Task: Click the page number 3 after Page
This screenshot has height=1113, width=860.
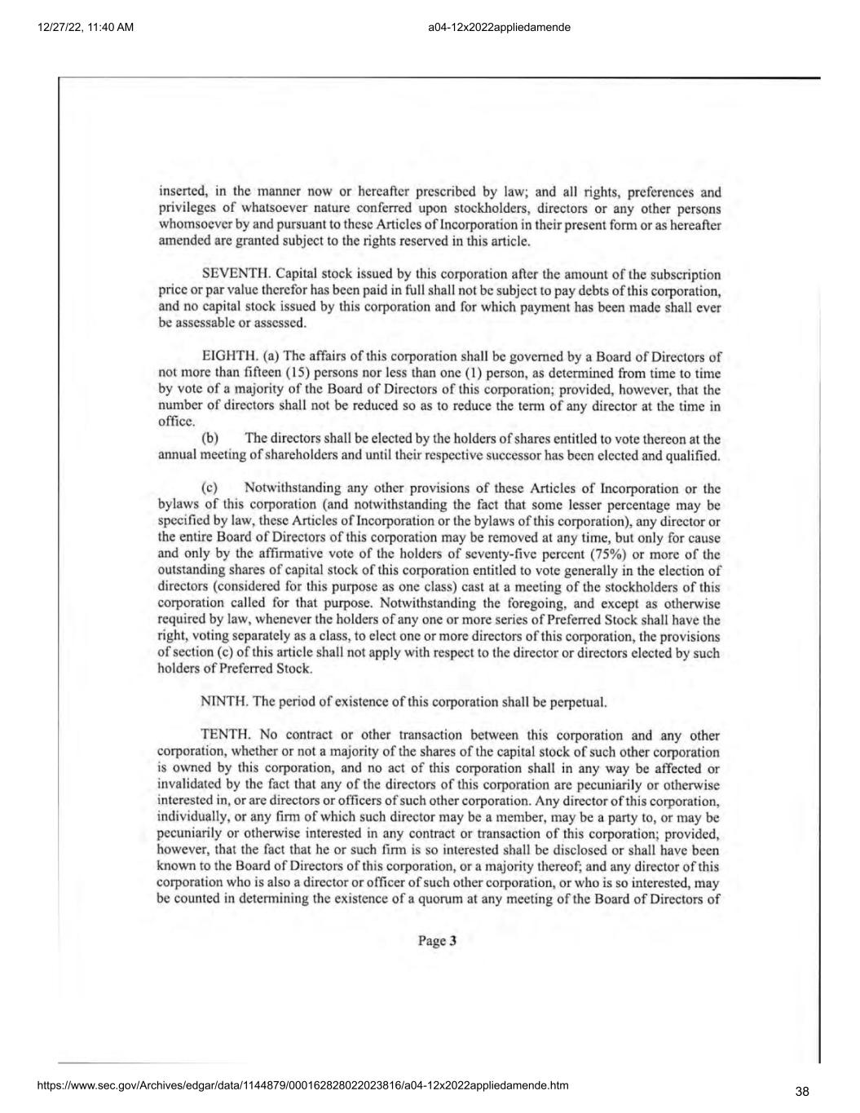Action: [x=452, y=941]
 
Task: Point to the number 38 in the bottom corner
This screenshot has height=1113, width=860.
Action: [x=802, y=1092]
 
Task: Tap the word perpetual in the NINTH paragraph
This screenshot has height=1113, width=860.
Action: [x=579, y=701]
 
